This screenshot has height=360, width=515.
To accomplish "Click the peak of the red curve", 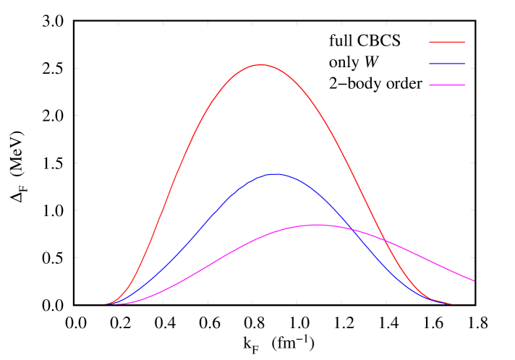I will coord(261,65).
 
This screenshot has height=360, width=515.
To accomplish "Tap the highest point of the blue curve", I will coord(276,174).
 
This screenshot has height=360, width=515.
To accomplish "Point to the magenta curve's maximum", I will coord(318,225).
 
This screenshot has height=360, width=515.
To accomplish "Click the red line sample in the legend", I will coord(447,42).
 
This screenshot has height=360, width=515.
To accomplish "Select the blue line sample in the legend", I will coord(447,64).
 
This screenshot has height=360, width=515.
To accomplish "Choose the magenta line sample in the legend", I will coord(447,85).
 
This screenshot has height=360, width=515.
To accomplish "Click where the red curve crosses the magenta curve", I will coord(383,240).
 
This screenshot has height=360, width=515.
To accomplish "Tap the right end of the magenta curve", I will coord(474,280).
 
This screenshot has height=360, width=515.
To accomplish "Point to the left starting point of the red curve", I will coord(104,304).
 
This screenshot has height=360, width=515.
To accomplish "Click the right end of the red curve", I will coord(452,304).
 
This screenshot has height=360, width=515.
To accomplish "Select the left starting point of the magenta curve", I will coord(116,304).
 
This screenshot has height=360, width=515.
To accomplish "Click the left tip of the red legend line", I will coord(430,42).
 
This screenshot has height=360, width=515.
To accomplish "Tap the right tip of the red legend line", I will coord(465,42).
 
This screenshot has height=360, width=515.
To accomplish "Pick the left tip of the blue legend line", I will coord(430,64).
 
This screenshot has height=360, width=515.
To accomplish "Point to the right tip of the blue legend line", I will coord(465,64).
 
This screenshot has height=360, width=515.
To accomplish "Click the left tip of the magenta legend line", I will coord(430,85).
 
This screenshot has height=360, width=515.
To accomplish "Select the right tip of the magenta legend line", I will coord(465,85).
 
